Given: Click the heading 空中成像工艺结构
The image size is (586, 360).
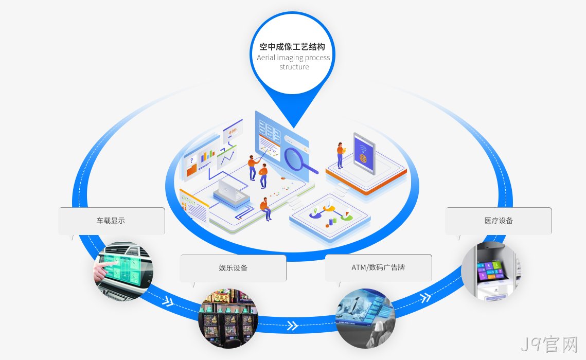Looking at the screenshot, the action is pyautogui.click(x=292, y=47).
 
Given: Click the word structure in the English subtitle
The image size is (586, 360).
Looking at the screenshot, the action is pyautogui.click(x=294, y=67).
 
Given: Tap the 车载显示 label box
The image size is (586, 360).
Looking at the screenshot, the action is pyautogui.click(x=112, y=221).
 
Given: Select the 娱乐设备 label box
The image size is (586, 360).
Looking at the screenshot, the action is pyautogui.click(x=233, y=268).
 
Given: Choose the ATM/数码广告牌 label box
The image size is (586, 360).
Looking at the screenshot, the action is pyautogui.click(x=379, y=267).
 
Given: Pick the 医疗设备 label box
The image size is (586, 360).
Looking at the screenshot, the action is pyautogui.click(x=499, y=221).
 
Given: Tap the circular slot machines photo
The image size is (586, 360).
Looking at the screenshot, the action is pyautogui.click(x=228, y=318).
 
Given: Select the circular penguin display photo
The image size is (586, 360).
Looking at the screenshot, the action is pyautogui.click(x=365, y=318).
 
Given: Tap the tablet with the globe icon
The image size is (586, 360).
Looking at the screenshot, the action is pyautogui.click(x=364, y=153).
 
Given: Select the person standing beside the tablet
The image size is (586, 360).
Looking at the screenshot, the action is pyautogui.click(x=341, y=155).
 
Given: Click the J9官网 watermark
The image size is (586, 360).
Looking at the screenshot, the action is pyautogui.click(x=549, y=345).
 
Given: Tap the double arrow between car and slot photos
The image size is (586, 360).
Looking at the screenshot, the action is pyautogui.click(x=168, y=301).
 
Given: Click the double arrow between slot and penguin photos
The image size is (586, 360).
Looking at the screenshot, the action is pyautogui.click(x=293, y=326).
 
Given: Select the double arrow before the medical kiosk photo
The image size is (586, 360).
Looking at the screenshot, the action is pyautogui.click(x=425, y=297).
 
